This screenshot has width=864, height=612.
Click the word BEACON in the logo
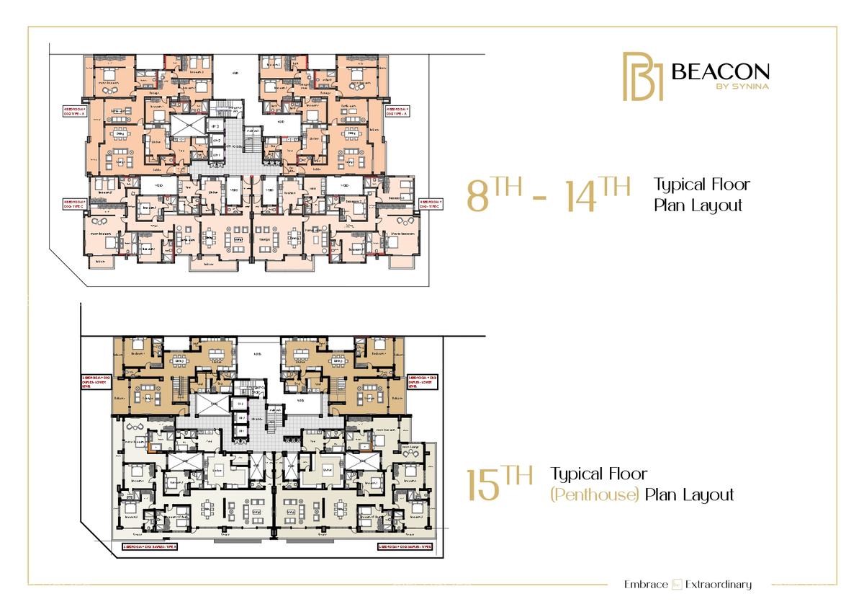click(720, 71)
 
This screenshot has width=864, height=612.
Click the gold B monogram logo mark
click(642, 76)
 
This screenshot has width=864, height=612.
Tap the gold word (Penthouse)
click(595, 495)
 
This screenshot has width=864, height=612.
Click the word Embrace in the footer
click(646, 584)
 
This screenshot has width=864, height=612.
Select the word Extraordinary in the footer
click(719, 584)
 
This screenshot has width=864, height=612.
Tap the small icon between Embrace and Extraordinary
click(677, 584)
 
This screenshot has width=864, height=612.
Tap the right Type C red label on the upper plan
click(430, 205)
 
